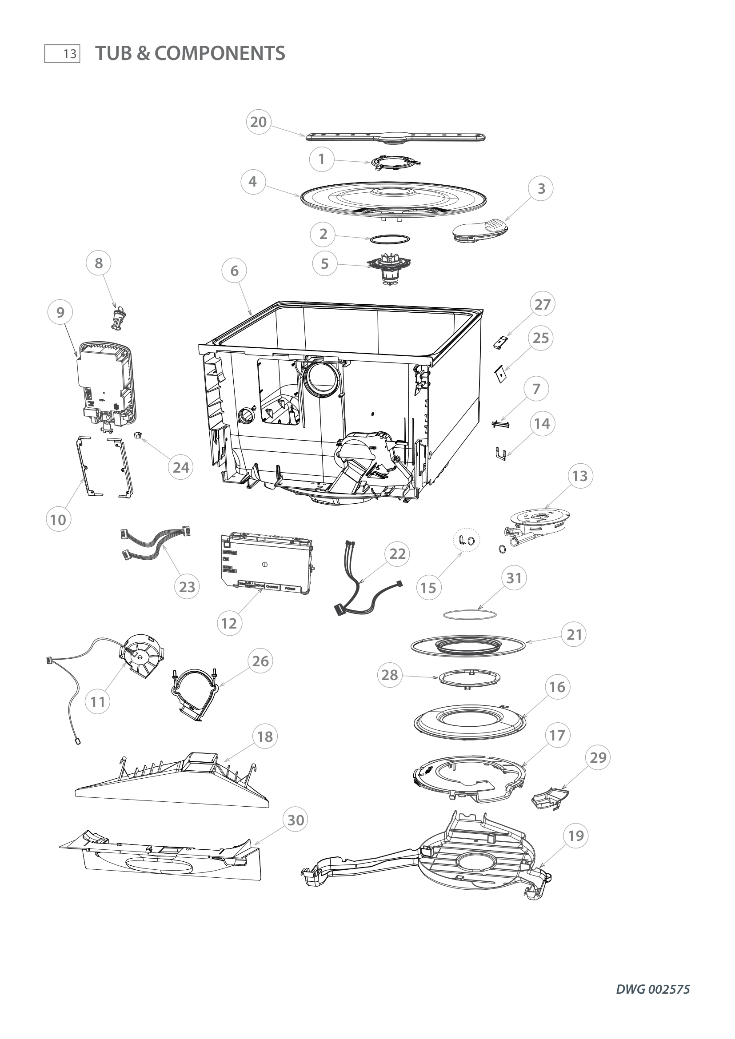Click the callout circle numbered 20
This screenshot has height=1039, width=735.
pos(259,122)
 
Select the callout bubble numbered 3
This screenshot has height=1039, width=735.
pos(541,189)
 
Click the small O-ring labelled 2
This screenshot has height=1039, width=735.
pos(390,239)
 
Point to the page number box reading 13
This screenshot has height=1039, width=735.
pos(63,54)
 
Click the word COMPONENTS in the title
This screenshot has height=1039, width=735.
pos(220,53)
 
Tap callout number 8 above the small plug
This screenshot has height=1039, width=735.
pos(99,263)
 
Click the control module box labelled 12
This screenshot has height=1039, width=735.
pos(266,563)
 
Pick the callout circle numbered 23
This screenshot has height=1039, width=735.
pos(187,587)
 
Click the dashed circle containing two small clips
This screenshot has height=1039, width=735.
pos(467,540)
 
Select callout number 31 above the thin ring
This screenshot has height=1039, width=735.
pos(514,578)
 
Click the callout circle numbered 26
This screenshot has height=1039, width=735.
pos(260,661)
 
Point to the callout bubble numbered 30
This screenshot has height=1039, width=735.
pos(296,820)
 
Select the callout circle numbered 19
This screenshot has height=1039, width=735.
pos(575,836)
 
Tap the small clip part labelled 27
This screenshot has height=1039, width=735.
pos(501,342)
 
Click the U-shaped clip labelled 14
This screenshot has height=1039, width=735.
pos(499,454)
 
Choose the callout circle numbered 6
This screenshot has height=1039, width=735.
pos(234,271)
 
